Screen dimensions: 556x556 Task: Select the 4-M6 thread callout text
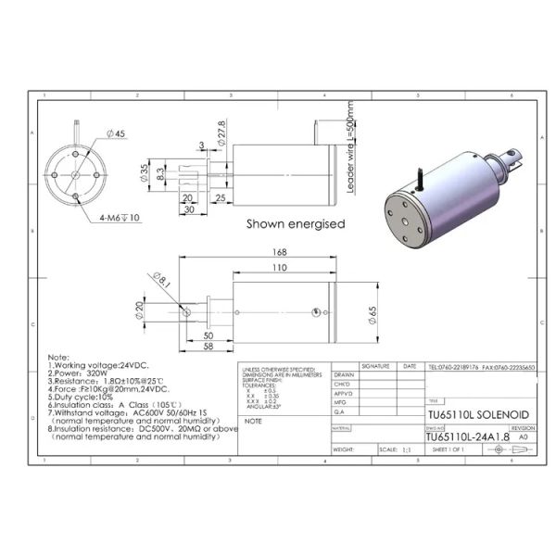120,219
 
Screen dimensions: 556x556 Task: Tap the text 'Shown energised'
295,223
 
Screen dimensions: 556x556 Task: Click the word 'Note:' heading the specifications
57,357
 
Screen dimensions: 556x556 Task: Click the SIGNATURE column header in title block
377,367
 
